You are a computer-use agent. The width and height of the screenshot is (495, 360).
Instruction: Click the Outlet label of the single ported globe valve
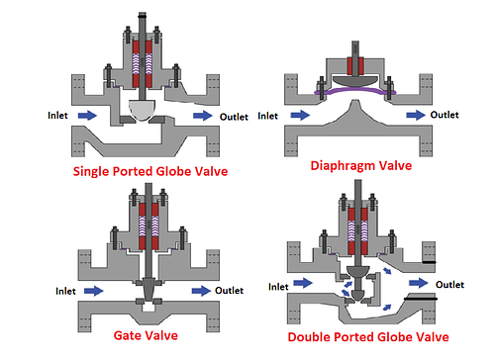[x=236, y=116]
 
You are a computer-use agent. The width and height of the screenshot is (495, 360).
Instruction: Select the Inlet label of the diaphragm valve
[x=268, y=116]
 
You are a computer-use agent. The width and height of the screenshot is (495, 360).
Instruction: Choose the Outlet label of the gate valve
[x=230, y=291]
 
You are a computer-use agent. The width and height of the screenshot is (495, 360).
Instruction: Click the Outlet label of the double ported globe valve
[x=450, y=285]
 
